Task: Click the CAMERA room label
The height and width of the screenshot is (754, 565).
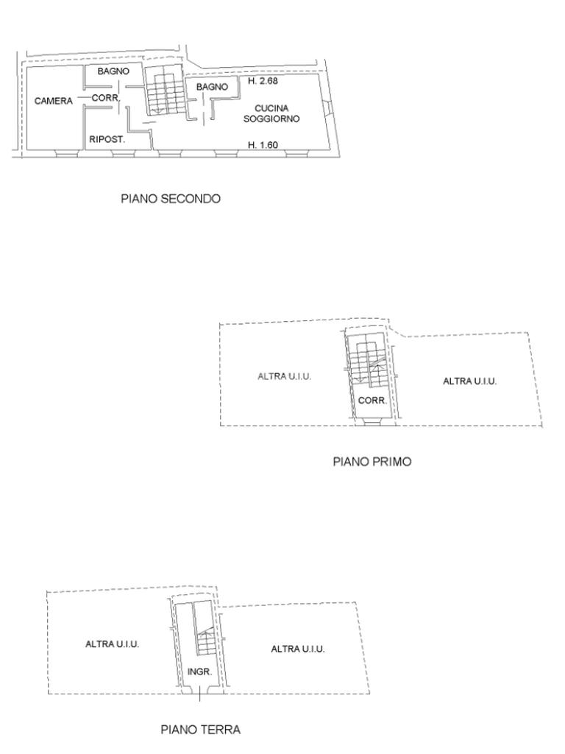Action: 53,101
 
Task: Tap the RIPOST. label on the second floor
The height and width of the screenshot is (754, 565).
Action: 107,140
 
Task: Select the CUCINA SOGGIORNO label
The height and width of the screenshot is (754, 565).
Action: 271,113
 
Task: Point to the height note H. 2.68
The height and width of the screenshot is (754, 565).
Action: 263,81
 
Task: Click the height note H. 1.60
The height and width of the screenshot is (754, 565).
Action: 263,145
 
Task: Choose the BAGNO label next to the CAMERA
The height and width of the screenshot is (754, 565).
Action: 113,71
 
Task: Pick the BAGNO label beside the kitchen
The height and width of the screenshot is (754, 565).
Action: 212,87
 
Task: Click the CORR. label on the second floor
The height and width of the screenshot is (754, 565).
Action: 105,98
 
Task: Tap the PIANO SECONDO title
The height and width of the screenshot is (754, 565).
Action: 171,199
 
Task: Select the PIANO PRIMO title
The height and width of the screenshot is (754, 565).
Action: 372,462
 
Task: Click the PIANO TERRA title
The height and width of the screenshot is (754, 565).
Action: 200,730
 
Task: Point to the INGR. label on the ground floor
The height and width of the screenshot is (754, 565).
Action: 199,672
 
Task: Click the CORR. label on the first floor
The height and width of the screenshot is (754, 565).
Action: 372,400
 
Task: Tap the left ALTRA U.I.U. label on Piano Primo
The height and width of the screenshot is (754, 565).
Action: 285,376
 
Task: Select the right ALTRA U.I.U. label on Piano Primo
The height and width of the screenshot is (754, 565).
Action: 469,381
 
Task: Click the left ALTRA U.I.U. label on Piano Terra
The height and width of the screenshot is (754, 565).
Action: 112,644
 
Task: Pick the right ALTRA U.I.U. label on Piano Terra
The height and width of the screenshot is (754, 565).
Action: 298,649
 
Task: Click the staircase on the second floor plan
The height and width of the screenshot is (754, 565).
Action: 165,91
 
